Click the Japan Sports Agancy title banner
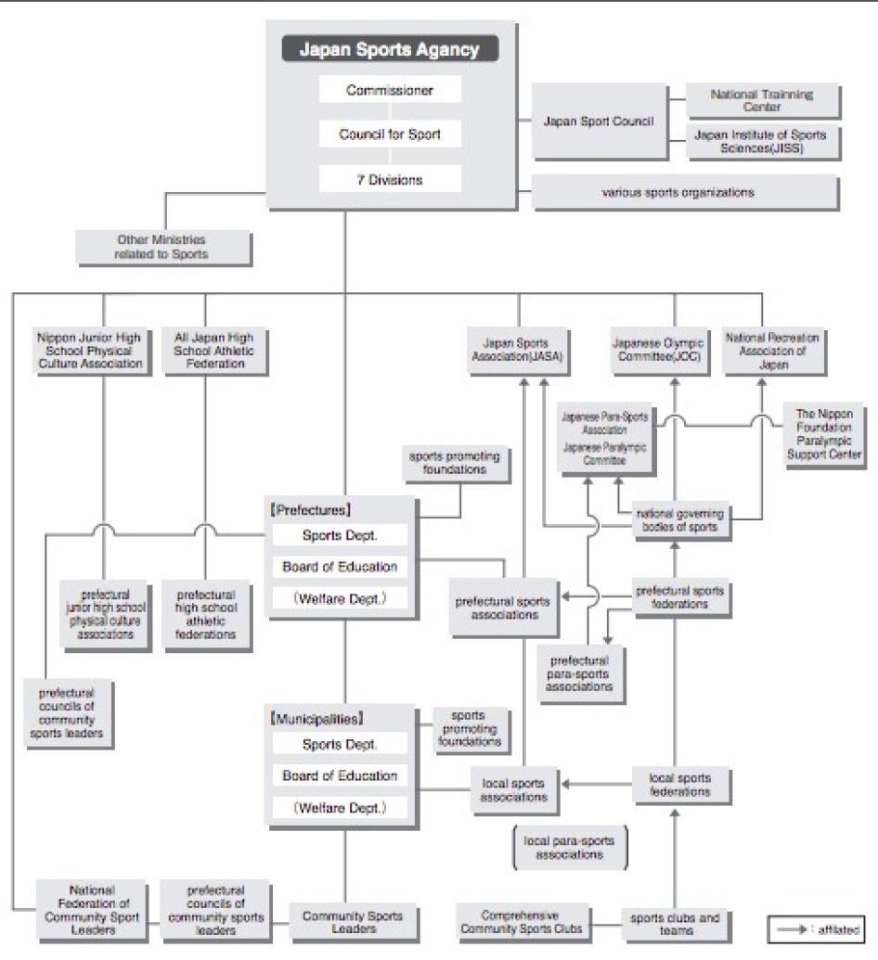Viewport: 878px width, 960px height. (x=390, y=49)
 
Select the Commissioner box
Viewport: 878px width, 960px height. (x=390, y=90)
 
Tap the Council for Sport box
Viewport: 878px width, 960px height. (x=390, y=134)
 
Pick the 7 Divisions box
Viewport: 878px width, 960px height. (x=390, y=179)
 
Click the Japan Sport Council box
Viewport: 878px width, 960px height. (x=599, y=122)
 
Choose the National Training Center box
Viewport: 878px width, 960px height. (x=762, y=100)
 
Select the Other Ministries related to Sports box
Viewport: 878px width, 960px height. (x=162, y=247)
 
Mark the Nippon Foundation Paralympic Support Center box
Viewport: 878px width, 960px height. (x=824, y=432)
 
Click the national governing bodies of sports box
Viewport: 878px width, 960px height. (x=681, y=520)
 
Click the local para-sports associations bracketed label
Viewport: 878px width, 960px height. (x=569, y=847)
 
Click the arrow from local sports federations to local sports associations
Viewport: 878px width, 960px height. (x=599, y=785)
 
